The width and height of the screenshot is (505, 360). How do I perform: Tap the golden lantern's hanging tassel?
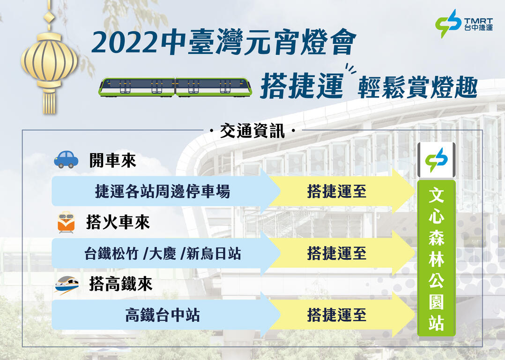coord(49,100)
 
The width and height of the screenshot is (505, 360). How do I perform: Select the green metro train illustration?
coord(175,87)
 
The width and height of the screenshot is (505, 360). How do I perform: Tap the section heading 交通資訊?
coord(252,131)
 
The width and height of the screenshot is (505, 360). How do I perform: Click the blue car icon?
coord(66,159)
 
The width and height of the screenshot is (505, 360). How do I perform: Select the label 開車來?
coord(112,161)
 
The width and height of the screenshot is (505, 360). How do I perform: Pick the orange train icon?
coord(66,223)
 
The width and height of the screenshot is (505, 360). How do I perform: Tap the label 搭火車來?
coord(118,223)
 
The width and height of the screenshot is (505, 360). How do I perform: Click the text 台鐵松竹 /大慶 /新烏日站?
coord(163,254)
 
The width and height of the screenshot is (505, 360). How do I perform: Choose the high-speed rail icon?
coord(66,284)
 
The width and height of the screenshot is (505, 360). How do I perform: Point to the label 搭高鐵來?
coord(120,284)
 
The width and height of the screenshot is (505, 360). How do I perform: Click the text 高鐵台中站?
coord(163,315)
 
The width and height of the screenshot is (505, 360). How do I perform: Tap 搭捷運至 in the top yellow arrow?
coord(336,191)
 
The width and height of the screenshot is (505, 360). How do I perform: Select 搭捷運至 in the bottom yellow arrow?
coord(336,315)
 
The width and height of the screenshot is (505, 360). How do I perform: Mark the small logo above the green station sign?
coord(436,160)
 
